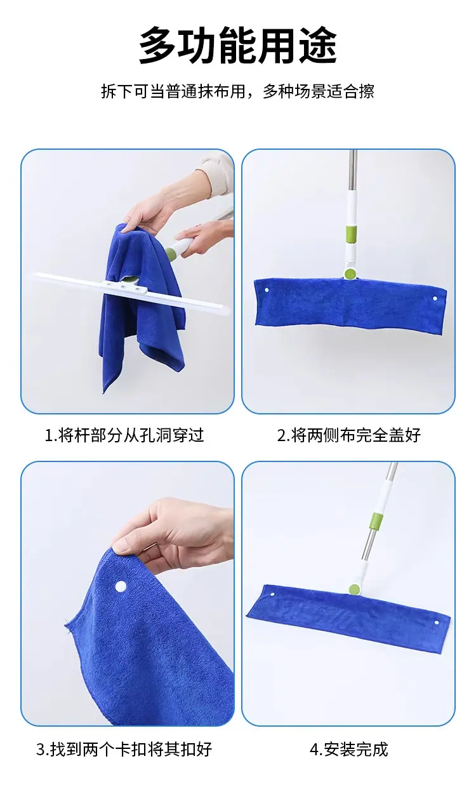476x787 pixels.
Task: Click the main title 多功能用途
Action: point(238,46)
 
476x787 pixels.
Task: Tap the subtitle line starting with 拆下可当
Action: point(238,91)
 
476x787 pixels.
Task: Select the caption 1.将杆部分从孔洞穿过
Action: point(124,435)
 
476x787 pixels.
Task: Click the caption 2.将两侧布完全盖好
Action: point(349,435)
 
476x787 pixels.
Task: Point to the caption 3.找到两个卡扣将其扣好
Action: point(124,748)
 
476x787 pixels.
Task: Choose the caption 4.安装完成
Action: point(349,748)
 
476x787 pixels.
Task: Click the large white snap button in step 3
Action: point(121,586)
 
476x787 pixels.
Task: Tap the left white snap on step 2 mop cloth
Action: point(267,291)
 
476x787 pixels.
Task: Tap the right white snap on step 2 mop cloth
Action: point(435,299)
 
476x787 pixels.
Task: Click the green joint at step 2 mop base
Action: point(350,274)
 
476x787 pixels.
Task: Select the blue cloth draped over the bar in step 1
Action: point(142,306)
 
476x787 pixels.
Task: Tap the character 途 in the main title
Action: point(318,46)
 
